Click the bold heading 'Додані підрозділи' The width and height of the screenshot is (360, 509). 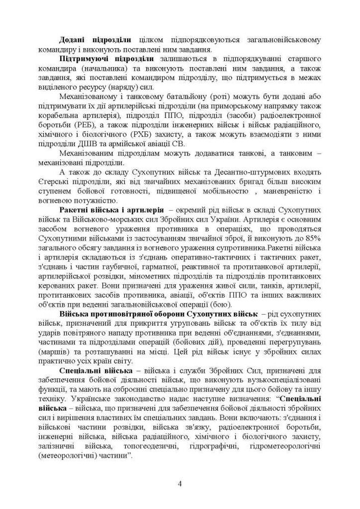point(95,39)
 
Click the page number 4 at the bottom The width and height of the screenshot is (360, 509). point(180,484)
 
